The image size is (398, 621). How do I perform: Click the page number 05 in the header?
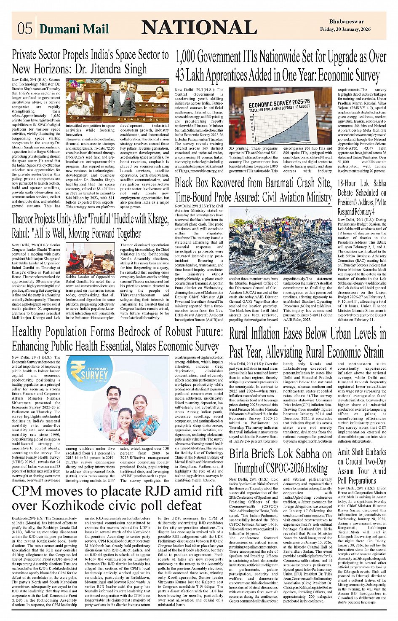pyautogui.click(x=24, y=28)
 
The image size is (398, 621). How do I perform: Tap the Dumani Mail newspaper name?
pyautogui.click(x=74, y=29)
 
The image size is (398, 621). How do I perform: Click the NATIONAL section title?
pyautogui.click(x=199, y=27)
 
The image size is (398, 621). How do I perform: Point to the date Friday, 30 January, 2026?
pyautogui.click(x=345, y=30)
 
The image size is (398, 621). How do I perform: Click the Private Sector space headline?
pyautogui.click(x=90, y=62)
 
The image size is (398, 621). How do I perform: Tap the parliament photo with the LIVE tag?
pyautogui.click(x=117, y=100)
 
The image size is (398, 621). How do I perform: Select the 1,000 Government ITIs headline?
pyautogui.click(x=280, y=66)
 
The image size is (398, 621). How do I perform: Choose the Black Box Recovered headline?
pyautogui.click(x=253, y=190)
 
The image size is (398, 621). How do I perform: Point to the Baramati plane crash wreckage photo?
pyautogui.click(x=280, y=241)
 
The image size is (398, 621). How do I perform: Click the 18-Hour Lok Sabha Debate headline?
pyautogui.click(x=362, y=197)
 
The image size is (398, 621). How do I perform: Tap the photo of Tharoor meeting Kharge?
pyautogui.click(x=90, y=258)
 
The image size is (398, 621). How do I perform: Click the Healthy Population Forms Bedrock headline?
pyautogui.click(x=117, y=339)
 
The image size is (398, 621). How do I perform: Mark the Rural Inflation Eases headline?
pyautogui.click(x=307, y=343)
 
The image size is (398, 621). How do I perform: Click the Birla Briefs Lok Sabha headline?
pyautogui.click(x=280, y=461)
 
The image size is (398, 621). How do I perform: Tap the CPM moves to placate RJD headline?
pyautogui.click(x=117, y=498)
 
